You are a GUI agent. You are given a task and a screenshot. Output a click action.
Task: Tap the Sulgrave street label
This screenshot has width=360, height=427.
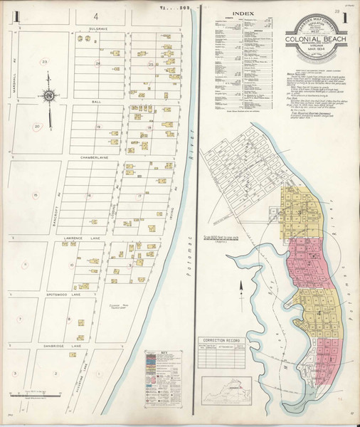click(x=97, y=28)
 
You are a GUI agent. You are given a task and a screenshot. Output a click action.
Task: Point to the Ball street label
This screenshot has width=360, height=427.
click(x=97, y=101)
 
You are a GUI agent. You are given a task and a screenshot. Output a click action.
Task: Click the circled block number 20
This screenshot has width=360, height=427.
click(x=36, y=127)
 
